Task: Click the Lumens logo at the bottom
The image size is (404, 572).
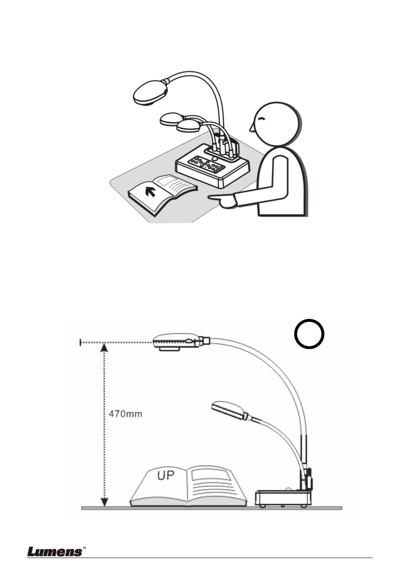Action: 55,551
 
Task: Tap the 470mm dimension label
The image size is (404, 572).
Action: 125,413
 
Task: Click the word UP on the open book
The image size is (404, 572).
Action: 166,475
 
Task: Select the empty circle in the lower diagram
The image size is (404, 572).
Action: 310,334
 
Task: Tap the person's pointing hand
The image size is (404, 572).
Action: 223,200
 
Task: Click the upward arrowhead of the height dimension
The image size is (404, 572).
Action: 104,348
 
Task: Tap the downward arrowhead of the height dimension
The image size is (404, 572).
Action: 104,502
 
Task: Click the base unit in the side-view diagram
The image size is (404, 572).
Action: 282,498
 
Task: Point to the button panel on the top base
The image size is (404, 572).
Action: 207,165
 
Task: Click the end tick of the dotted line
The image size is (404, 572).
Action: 80,343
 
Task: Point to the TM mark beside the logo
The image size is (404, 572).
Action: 84,547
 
